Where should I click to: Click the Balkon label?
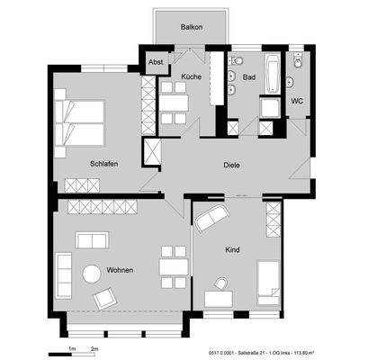click(191, 27)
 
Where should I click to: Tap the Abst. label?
click(155, 63)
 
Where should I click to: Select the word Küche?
click(190, 77)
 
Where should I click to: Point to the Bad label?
click(249, 77)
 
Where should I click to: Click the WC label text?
click(296, 101)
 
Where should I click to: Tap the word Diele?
click(234, 165)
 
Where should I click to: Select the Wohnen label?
click(121, 268)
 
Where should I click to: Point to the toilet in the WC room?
click(292, 82)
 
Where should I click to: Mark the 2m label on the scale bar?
click(94, 346)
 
